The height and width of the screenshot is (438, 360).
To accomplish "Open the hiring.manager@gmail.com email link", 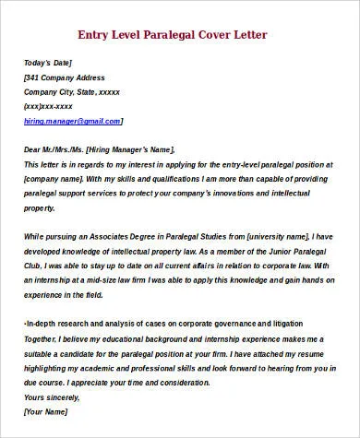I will pyautogui.click(x=73, y=121).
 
